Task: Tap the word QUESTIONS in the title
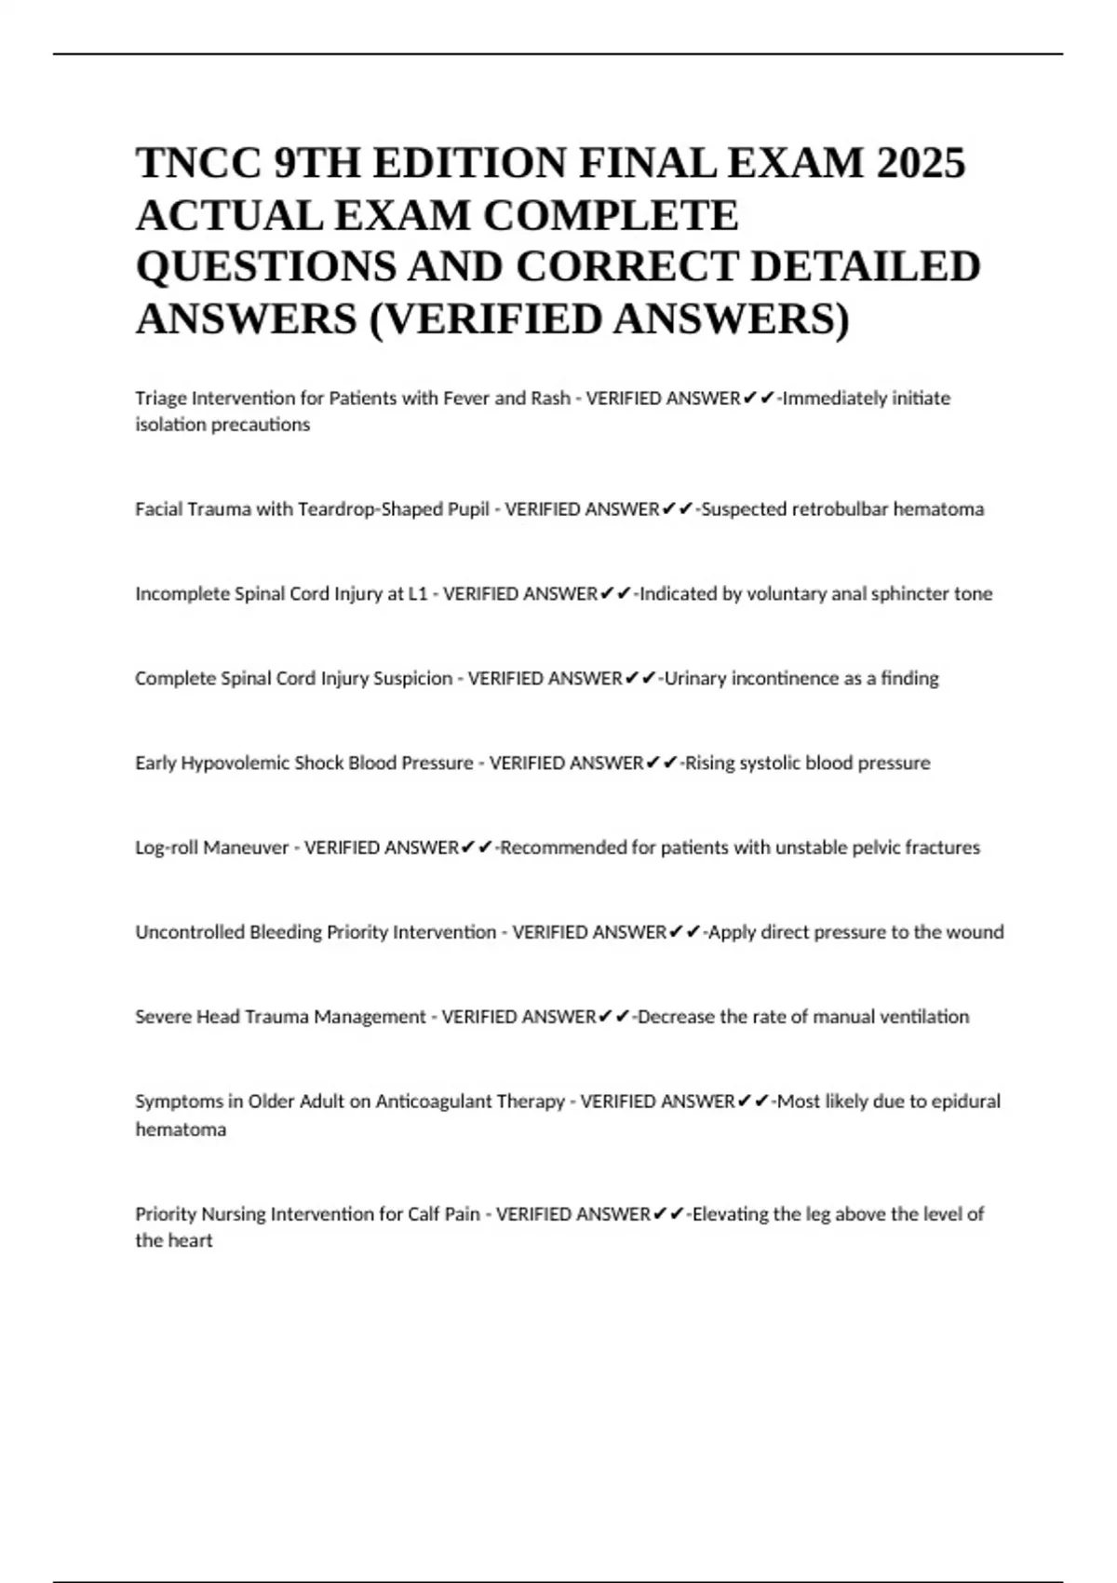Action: point(262,266)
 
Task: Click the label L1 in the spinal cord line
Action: point(418,594)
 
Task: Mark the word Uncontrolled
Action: point(190,933)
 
